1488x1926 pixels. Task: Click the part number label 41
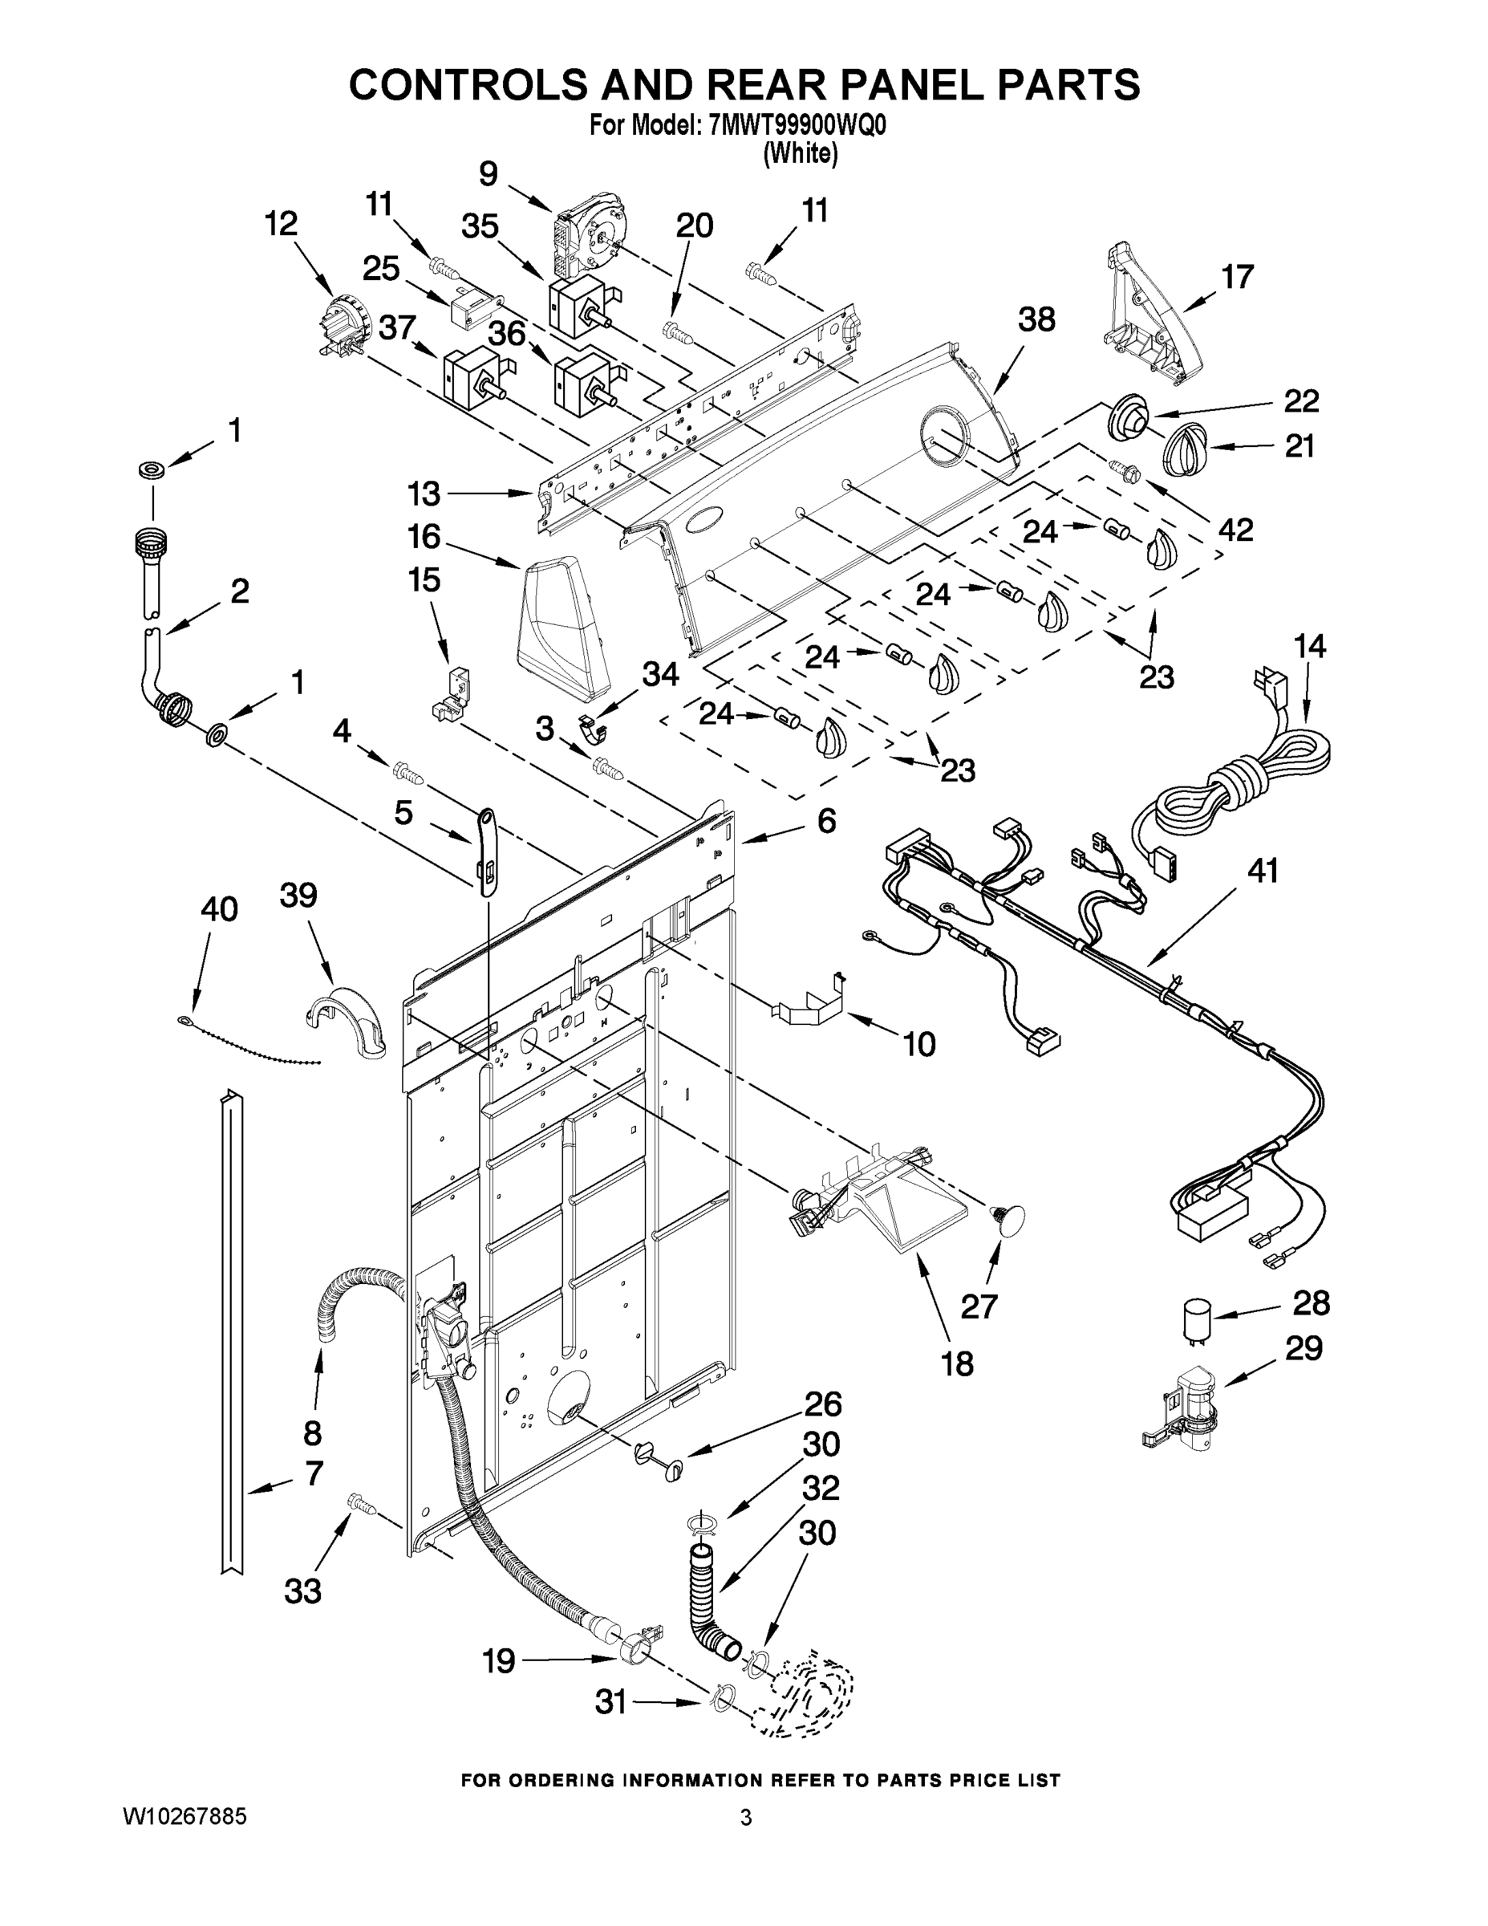1263,872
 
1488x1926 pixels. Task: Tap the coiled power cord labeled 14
1235,776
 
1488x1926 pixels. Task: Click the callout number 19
499,1661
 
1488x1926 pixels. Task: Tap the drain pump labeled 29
1186,1412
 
